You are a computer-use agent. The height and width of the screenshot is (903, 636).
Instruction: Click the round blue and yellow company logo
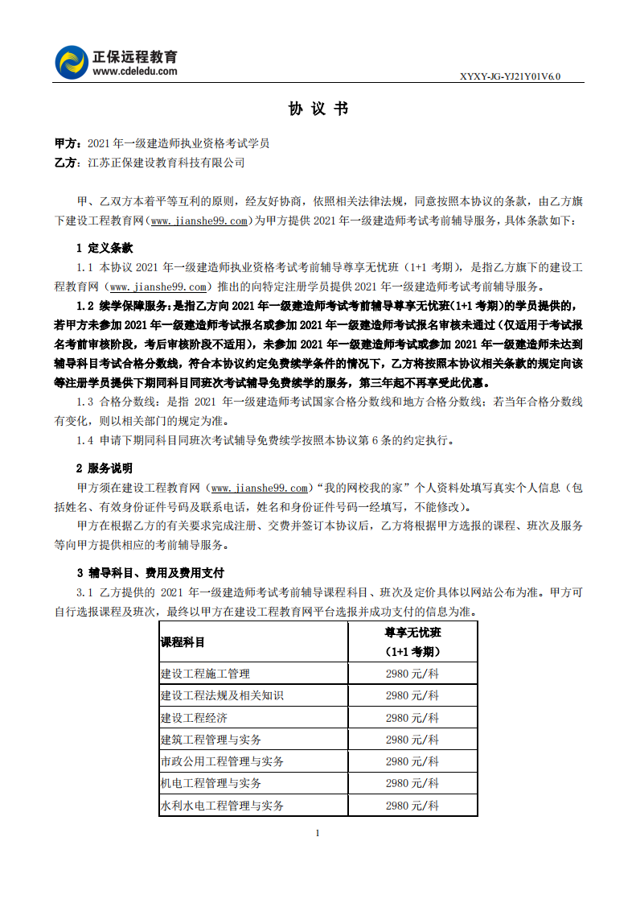[72, 63]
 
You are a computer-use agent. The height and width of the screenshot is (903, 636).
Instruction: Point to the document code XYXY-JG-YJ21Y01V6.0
[510, 76]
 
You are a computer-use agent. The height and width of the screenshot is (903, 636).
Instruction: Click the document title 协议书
[318, 109]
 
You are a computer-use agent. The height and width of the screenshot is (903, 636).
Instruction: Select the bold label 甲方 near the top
[66, 143]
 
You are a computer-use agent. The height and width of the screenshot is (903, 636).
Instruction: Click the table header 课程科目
[183, 642]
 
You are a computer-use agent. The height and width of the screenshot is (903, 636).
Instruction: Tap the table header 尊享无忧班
[412, 633]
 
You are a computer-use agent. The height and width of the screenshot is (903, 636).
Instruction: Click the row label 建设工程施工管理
[205, 674]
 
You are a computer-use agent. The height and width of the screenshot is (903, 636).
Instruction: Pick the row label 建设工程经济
[194, 718]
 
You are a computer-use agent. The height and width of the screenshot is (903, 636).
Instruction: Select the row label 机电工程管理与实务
[211, 783]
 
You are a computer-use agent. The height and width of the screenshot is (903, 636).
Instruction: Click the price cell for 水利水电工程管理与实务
[412, 805]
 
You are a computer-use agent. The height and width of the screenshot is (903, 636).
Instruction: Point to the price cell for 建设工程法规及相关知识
[412, 695]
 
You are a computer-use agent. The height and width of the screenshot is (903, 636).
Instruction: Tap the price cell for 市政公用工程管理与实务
[412, 761]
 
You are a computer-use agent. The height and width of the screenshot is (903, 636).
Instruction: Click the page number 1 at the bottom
[318, 832]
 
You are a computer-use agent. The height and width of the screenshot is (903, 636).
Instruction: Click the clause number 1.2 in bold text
[86, 305]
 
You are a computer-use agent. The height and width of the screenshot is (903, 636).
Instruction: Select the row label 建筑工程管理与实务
[211, 740]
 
